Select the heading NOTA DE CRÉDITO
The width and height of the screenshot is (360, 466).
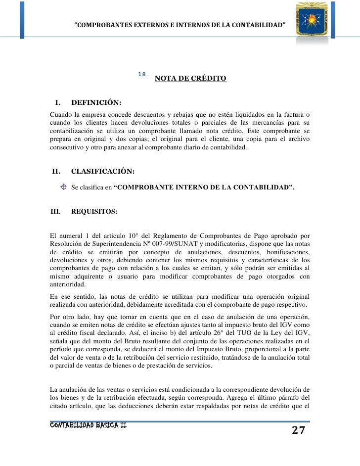190,79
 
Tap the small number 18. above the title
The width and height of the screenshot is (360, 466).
143,74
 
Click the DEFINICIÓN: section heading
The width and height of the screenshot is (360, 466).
96,103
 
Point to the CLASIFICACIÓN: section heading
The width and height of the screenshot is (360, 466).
102,172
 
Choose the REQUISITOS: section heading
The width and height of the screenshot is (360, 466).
94,211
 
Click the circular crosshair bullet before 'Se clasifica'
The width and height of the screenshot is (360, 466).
64,187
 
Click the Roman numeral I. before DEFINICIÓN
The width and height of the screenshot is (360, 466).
57,103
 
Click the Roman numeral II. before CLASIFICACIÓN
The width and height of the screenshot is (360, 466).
56,172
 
